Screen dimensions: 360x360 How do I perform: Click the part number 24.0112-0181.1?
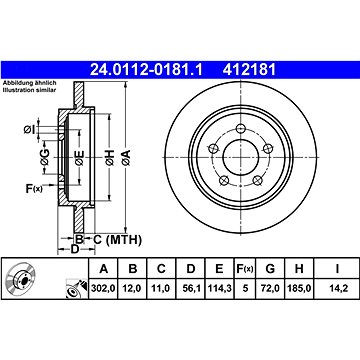(x=146, y=70)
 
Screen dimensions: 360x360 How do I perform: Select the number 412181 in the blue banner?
(x=250, y=70)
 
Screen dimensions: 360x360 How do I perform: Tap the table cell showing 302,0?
(x=103, y=288)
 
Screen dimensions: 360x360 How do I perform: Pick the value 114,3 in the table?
(x=219, y=288)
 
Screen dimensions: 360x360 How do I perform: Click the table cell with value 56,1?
(x=191, y=288)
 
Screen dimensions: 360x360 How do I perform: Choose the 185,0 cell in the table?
(x=299, y=288)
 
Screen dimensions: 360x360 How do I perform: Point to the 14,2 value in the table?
(x=338, y=288)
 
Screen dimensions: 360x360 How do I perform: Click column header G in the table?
(x=270, y=268)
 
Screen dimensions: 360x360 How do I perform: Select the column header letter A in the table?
(x=104, y=268)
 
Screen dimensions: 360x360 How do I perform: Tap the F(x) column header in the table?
(x=245, y=268)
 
